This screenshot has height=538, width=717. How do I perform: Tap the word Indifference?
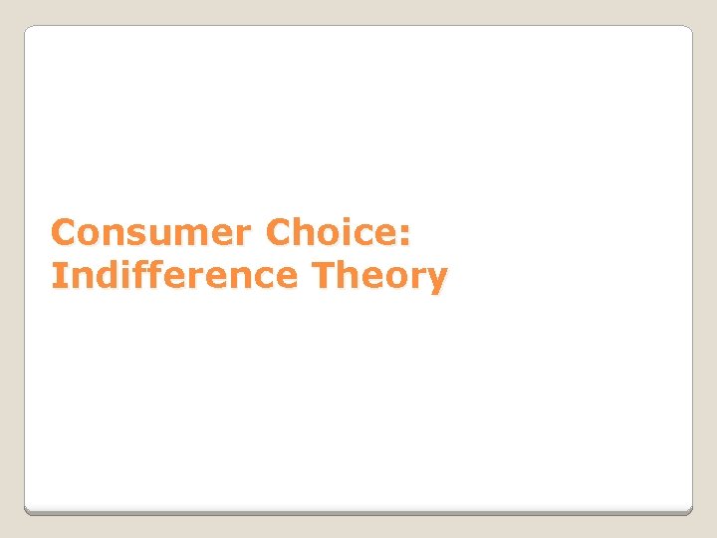[x=174, y=275]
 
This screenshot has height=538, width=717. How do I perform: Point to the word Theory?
[x=379, y=276]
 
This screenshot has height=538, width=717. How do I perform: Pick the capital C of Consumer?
[x=65, y=233]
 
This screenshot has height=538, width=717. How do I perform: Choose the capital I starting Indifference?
[x=57, y=275]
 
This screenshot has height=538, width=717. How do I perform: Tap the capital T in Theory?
[x=323, y=275]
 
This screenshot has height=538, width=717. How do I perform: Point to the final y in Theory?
[x=436, y=280]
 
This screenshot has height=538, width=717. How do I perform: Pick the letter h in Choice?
[x=308, y=233]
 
